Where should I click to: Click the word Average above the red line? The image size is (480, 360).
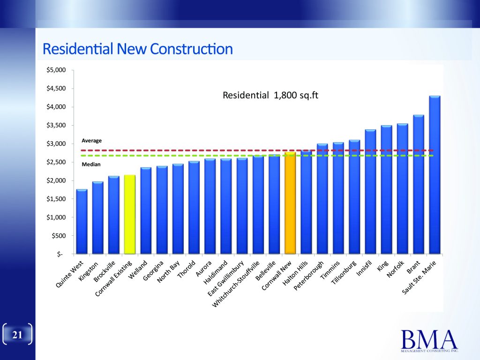(91, 140)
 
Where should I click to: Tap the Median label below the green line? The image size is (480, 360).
(91, 165)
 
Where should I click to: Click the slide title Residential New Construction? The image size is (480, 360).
(137, 49)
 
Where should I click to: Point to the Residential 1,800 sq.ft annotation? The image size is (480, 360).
(270, 96)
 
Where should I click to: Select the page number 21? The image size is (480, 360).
(17, 335)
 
